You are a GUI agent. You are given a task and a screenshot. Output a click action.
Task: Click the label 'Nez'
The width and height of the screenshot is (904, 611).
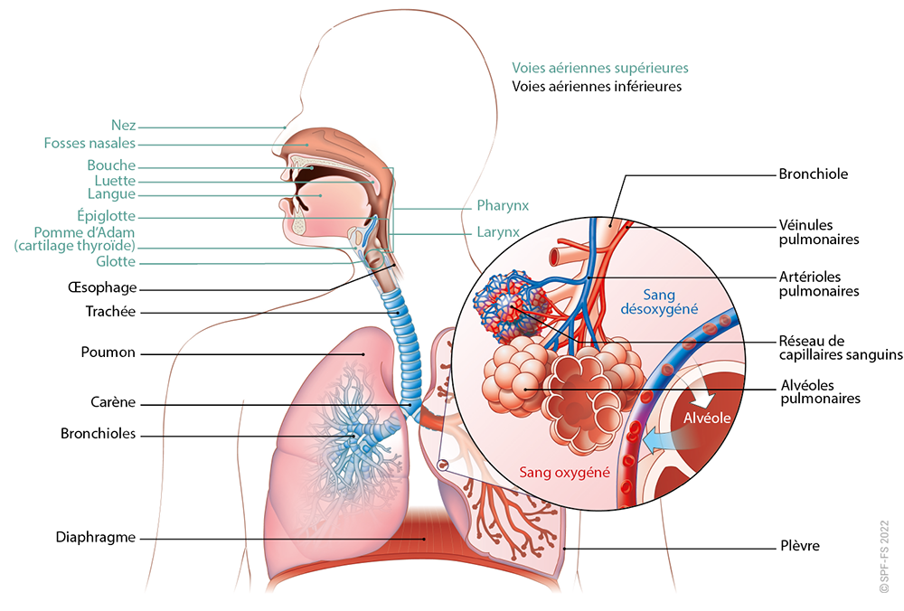click(x=123, y=125)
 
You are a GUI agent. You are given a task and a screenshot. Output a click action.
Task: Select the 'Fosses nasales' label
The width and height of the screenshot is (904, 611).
click(x=89, y=143)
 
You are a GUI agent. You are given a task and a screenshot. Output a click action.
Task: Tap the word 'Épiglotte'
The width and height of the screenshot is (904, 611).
click(x=106, y=216)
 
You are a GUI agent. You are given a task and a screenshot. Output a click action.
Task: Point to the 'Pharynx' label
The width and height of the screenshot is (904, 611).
click(x=503, y=206)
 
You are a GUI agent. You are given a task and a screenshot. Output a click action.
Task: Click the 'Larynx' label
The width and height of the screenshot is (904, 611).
click(x=498, y=232)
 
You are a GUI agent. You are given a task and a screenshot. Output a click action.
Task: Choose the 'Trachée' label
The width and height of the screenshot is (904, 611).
click(x=110, y=311)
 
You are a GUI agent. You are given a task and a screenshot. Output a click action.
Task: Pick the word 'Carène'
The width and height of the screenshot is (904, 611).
click(x=113, y=402)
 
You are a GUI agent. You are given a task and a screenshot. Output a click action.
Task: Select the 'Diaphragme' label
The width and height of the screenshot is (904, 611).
click(x=96, y=537)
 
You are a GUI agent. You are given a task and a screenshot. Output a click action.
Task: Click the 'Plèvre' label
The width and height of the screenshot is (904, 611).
click(x=800, y=545)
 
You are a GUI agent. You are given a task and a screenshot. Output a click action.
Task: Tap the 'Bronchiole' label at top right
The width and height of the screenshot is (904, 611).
click(x=814, y=174)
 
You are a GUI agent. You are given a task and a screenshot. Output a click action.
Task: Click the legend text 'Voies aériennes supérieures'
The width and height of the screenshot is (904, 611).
click(x=600, y=68)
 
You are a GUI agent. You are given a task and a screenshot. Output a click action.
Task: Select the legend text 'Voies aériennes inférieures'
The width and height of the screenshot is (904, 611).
click(x=597, y=87)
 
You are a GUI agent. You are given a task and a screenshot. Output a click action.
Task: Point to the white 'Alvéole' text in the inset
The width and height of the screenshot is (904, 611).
click(x=707, y=418)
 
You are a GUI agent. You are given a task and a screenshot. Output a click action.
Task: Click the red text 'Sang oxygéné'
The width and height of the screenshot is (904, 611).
click(x=564, y=473)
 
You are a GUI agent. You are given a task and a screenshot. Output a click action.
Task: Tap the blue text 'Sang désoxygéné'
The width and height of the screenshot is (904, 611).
click(x=659, y=302)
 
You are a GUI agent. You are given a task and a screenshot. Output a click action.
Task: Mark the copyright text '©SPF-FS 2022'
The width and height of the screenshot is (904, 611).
click(x=884, y=556)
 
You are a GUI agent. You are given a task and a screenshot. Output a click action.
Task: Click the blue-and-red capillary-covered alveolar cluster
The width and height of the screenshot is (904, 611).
click(x=509, y=306)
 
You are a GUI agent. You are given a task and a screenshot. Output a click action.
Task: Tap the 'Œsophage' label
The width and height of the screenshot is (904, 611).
click(x=102, y=287)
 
